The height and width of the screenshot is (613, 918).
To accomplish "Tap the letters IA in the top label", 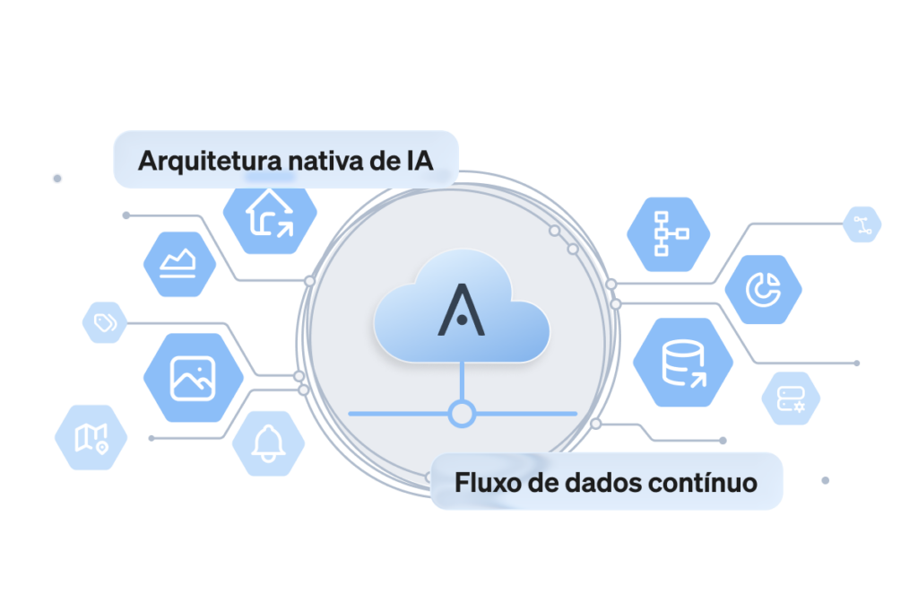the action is [x=420, y=162].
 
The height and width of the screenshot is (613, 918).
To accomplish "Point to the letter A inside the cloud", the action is [x=462, y=310].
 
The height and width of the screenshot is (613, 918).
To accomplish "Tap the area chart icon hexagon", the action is [x=179, y=264].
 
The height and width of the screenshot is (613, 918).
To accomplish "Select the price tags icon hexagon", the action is [x=105, y=322].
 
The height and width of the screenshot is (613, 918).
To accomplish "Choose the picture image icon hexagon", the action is [x=194, y=378].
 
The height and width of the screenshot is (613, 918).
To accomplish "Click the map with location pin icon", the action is [x=91, y=437].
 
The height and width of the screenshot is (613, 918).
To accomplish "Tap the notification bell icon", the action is [x=268, y=443].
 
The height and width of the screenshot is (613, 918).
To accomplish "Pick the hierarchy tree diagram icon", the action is [x=669, y=234].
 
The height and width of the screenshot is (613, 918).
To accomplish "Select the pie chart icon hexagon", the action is [x=764, y=290].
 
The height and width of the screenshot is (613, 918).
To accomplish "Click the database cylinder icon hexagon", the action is [x=682, y=363].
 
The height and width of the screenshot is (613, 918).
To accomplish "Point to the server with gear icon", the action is [x=791, y=398].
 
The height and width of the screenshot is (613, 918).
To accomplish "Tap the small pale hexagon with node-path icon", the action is [x=862, y=224].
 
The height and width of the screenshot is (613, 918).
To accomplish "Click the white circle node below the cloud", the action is [x=462, y=414].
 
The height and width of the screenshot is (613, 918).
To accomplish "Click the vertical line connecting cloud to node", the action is [x=462, y=381].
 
